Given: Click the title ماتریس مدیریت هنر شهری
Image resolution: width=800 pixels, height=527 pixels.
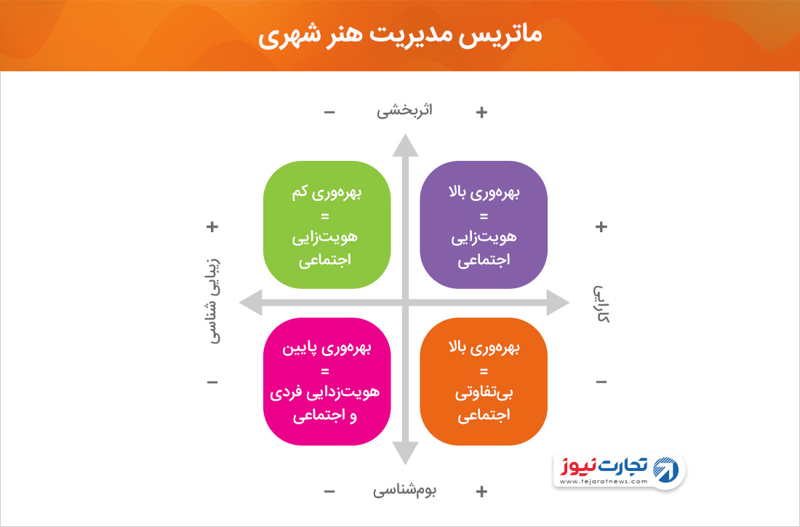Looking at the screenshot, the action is coord(399,36).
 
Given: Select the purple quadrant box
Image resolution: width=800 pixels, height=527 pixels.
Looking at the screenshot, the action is coord(484,225).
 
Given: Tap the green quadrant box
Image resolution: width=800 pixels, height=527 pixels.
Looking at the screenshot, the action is coord(327,225).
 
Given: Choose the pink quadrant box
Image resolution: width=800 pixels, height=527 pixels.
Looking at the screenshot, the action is coord(327,381).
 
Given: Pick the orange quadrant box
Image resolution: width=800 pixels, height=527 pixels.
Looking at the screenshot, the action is coord(484,381).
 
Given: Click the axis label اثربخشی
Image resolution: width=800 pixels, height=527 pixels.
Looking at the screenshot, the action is coord(404,111).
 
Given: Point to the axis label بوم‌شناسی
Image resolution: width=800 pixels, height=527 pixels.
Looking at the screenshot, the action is coord(404,490).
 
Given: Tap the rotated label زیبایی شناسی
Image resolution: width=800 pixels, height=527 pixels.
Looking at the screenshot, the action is coord(214,301).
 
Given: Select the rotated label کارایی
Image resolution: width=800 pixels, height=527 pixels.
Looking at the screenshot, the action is coord(601,304).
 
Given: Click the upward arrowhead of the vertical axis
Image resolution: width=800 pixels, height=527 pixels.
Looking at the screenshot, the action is coord(405,145).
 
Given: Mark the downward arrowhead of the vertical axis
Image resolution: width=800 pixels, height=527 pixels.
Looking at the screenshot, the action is coord(405,453).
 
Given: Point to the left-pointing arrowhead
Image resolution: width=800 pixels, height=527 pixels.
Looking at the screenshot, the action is coord(250,302).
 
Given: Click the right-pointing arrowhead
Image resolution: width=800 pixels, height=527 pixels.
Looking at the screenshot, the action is coord(558,302).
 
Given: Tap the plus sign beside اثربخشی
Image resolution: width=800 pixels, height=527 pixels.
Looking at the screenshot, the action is coord(481,112).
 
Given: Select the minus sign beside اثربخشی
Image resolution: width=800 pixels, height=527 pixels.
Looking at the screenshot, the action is coord(329,112).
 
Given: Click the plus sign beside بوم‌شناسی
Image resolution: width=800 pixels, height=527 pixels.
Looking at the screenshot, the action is coord(481,491).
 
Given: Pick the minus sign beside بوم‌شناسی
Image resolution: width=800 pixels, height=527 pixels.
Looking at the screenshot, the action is coord(329,492).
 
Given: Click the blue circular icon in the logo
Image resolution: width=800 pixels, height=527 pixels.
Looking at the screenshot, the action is coord(665,469).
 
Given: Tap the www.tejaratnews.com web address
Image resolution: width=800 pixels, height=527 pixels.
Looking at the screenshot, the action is coord(604,482).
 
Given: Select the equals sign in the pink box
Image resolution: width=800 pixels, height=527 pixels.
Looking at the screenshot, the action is coord(325,371).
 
